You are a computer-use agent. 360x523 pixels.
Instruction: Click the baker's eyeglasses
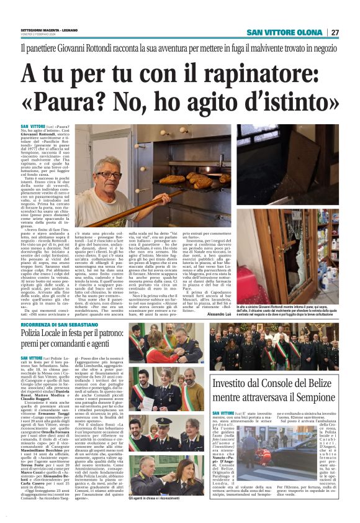pyautogui.click(x=109, y=175)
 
